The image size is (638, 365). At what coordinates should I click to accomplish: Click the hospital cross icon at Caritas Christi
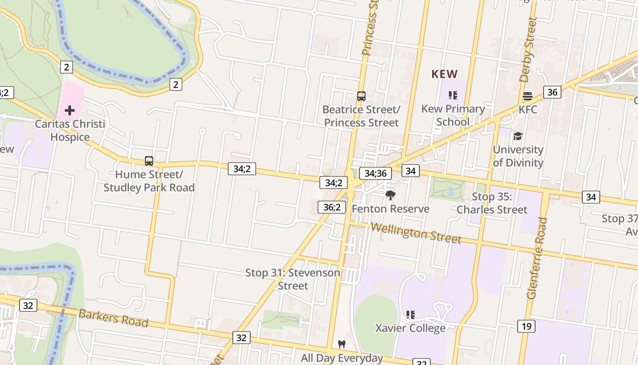pyautogui.click(x=69, y=110)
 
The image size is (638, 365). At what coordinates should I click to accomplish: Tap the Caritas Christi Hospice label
pyautogui.click(x=70, y=130)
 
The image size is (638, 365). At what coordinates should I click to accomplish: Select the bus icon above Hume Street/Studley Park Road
pyautogui.click(x=149, y=161)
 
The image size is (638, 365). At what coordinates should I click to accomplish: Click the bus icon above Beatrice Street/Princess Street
pyautogui.click(x=361, y=96)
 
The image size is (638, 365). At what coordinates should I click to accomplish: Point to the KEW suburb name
pyautogui.click(x=444, y=74)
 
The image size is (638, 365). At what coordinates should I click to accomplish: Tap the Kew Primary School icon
pyautogui.click(x=453, y=95)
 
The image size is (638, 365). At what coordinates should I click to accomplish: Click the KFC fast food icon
pyautogui.click(x=528, y=96)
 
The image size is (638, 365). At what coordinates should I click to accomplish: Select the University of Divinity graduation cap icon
pyautogui.click(x=518, y=136)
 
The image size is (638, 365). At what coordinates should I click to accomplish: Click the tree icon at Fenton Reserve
pyautogui.click(x=390, y=195)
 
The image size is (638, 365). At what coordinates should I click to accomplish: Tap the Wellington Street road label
pyautogui.click(x=416, y=233)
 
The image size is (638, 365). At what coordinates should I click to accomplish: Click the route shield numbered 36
pyautogui.click(x=552, y=92)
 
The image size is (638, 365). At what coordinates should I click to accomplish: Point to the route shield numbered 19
pyautogui.click(x=526, y=326)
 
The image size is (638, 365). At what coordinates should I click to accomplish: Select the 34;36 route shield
pyautogui.click(x=376, y=173)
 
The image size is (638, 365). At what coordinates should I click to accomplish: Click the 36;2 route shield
pyautogui.click(x=332, y=207)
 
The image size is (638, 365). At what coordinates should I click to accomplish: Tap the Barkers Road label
pyautogui.click(x=113, y=318)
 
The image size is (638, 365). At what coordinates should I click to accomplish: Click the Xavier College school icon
pyautogui.click(x=410, y=314)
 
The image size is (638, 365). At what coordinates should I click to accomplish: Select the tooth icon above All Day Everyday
pyautogui.click(x=342, y=344)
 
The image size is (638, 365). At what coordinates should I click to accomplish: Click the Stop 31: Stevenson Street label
pyautogui.click(x=293, y=279)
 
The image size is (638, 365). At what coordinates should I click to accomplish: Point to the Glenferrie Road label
pyautogui.click(x=537, y=258)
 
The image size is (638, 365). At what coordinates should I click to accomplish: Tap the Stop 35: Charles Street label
pyautogui.click(x=492, y=203)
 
